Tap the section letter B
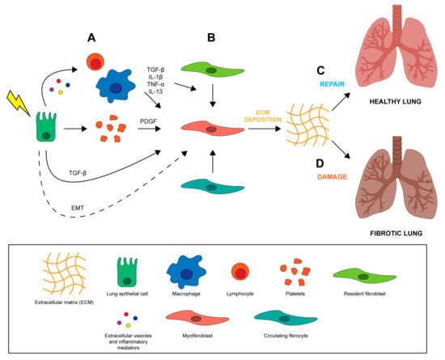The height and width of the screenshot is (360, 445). coord(210,36)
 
